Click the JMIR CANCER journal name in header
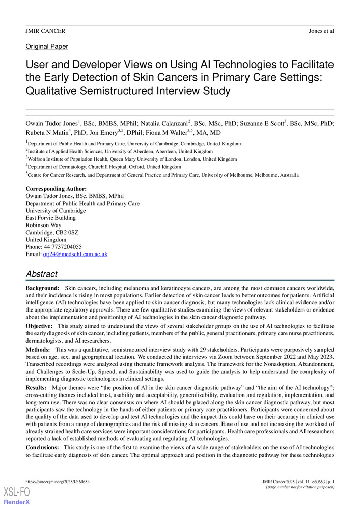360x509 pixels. (45, 31)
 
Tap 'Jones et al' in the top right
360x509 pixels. (321, 31)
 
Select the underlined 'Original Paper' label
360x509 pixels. (46, 46)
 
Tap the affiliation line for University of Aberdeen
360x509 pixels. (120, 151)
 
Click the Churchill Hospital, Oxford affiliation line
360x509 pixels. (104, 166)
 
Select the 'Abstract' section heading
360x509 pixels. (42, 274)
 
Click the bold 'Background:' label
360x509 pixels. (43, 288)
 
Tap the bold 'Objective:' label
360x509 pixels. (40, 325)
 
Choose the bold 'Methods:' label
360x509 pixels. (38, 350)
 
